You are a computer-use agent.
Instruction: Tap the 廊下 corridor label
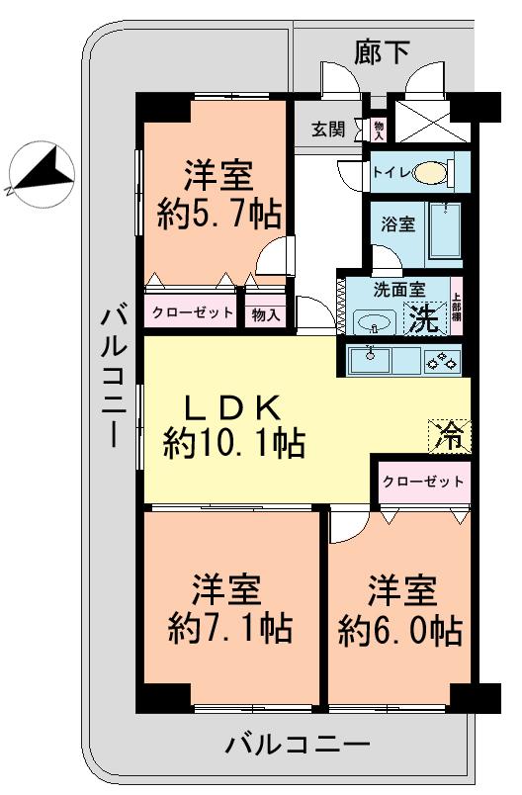(x=382, y=52)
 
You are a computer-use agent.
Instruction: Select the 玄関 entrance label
(x=329, y=129)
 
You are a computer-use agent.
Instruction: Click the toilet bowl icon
(x=431, y=173)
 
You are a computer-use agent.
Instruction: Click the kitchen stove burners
(x=441, y=360)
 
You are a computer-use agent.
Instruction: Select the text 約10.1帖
(x=233, y=443)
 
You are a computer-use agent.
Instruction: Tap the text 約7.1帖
(x=229, y=627)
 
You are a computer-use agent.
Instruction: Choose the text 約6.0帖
(x=400, y=627)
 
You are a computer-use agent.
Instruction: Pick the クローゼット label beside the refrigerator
(x=421, y=482)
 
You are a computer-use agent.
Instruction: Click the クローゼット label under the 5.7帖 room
(x=192, y=313)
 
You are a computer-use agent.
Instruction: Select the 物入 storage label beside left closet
(x=266, y=314)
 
